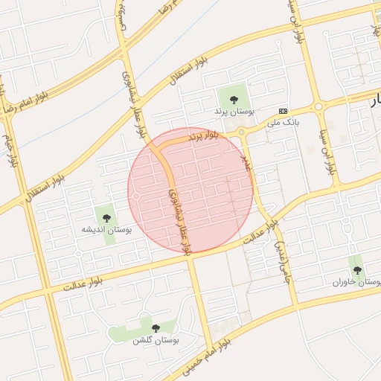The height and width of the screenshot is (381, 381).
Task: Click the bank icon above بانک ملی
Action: pos(283,109)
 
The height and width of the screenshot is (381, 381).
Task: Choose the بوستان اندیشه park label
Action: pos(106,231)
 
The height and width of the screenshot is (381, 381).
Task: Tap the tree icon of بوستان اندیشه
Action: pos(106,218)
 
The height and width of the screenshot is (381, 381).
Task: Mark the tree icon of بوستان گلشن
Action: pos(156,328)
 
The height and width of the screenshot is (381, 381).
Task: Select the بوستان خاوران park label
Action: pos(357,282)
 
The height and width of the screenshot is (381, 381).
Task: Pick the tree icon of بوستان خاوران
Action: pos(357,269)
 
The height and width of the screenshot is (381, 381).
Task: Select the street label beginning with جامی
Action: pos(281,260)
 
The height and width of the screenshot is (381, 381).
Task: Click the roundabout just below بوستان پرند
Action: pos(241,133)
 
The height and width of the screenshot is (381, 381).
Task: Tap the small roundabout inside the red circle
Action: pos(138,196)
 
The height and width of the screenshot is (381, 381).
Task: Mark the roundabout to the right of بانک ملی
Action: pos(318,107)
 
